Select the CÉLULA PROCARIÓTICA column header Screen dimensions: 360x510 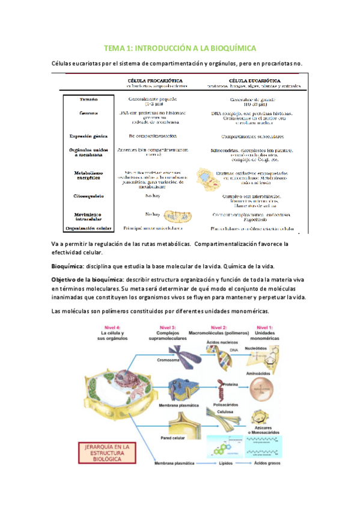156,79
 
